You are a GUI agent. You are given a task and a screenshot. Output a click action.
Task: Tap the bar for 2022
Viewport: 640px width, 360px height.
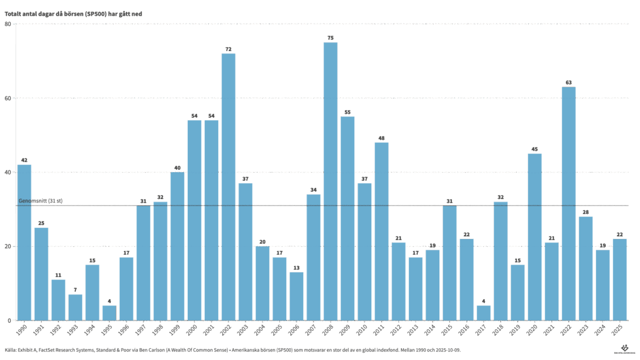click(569, 203)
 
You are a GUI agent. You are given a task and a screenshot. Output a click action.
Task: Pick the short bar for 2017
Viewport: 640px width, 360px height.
click(484, 313)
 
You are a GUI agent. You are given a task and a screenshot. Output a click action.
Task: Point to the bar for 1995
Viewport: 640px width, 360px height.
click(109, 313)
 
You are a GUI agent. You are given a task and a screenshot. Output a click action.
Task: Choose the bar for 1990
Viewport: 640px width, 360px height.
click(24, 242)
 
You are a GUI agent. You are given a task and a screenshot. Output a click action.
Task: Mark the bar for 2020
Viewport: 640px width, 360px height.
click(535, 236)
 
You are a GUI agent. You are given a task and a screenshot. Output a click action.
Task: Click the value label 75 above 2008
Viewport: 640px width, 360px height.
click(331, 38)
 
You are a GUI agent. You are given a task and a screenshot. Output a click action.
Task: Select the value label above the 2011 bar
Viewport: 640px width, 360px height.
click(381, 138)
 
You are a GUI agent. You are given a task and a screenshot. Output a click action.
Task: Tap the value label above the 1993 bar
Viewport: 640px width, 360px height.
click(75, 290)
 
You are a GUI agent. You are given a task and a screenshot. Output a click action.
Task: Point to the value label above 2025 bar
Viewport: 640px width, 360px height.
click(620, 235)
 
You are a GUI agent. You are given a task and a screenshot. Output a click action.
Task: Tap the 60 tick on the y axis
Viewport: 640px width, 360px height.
click(8, 98)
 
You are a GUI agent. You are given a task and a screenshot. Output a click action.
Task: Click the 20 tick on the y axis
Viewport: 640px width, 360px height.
click(8, 246)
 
